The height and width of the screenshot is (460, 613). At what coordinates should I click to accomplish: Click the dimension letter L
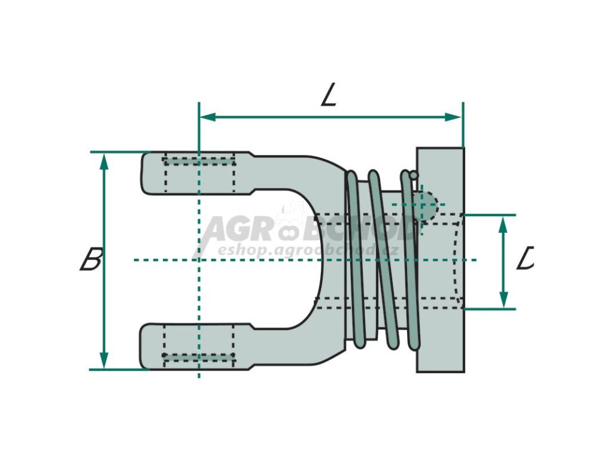[329, 94]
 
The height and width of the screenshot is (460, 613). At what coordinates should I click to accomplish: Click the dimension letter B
[92, 259]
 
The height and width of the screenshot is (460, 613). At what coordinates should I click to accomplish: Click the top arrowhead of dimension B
[104, 159]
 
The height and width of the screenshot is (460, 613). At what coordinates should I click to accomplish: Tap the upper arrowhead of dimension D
[503, 222]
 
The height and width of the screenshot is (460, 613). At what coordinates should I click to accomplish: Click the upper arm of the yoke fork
[198, 173]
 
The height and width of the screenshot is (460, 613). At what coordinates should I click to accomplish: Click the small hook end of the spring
[413, 175]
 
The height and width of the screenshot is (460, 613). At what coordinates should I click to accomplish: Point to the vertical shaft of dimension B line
[104, 299]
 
